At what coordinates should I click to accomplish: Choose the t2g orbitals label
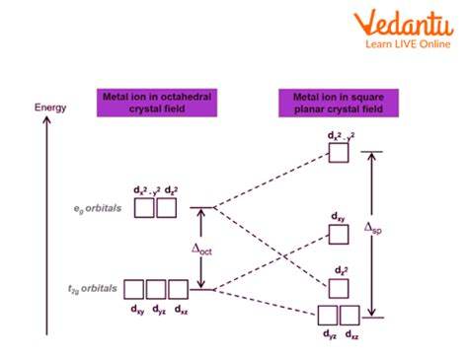pyautogui.click(x=95, y=288)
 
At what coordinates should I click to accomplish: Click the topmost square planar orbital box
pyautogui.click(x=339, y=154)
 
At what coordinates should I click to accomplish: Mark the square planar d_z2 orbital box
pyautogui.click(x=339, y=286)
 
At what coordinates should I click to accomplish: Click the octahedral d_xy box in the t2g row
pyautogui.click(x=133, y=289)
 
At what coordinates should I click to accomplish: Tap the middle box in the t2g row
pyautogui.click(x=156, y=289)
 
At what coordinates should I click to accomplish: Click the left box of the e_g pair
pyautogui.click(x=144, y=207)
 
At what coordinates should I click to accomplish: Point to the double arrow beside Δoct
pyautogui.click(x=201, y=249)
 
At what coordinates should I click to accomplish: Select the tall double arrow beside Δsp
pyautogui.click(x=372, y=235)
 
